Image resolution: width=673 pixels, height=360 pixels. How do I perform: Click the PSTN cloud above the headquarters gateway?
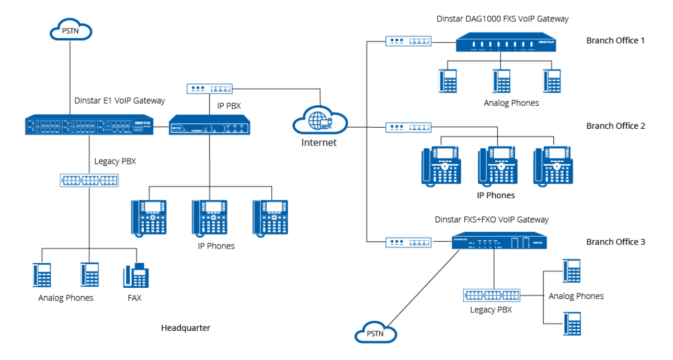pyautogui.click(x=71, y=32)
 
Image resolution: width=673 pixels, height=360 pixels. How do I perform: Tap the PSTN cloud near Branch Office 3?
pyautogui.click(x=375, y=332)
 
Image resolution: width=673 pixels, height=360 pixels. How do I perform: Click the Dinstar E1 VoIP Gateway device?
pyautogui.click(x=89, y=125)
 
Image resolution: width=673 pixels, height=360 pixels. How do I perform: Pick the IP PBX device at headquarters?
pyautogui.click(x=210, y=126)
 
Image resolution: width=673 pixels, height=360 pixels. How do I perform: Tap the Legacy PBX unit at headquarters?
pyautogui.click(x=89, y=181)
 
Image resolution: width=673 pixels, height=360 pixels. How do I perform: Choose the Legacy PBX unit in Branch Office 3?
pyautogui.click(x=492, y=295)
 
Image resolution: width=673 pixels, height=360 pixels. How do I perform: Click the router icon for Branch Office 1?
pyautogui.click(x=408, y=40)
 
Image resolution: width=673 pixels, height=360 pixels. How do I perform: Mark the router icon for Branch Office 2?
pyautogui.click(x=408, y=127)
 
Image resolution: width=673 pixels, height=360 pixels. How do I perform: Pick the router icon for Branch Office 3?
pyautogui.click(x=408, y=242)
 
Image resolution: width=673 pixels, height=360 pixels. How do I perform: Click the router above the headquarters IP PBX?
pyautogui.click(x=209, y=89)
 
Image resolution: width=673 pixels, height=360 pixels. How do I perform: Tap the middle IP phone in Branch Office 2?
pyautogui.click(x=497, y=165)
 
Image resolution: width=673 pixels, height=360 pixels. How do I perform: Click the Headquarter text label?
pyautogui.click(x=186, y=328)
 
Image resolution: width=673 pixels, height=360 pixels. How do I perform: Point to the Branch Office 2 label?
pyautogui.click(x=615, y=126)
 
